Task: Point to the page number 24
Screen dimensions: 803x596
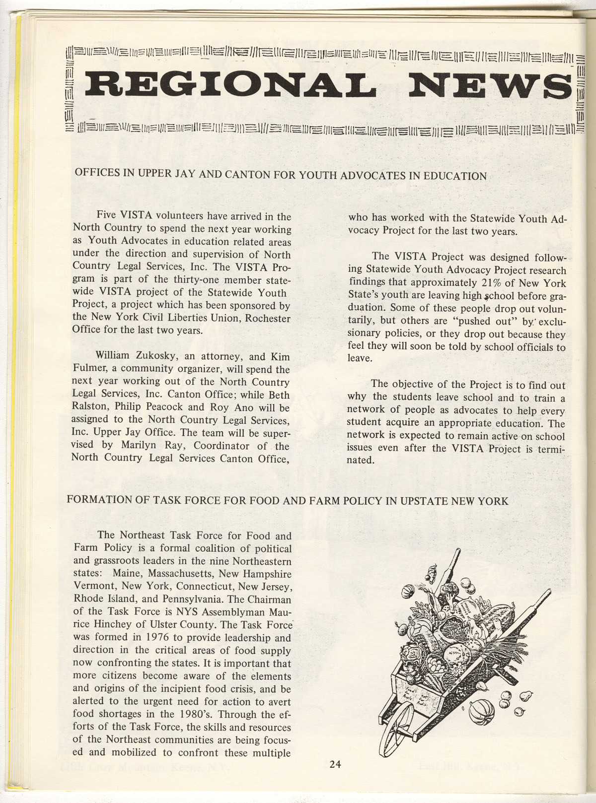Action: point(335,765)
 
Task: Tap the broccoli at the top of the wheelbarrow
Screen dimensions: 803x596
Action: point(449,591)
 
